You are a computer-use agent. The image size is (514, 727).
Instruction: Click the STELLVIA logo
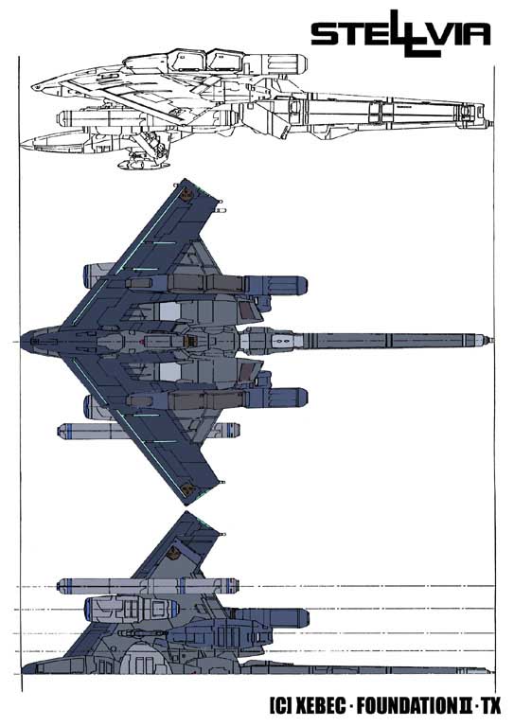(400, 33)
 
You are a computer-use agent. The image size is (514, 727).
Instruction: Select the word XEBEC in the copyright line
(320, 706)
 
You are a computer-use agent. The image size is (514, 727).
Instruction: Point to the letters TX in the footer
(491, 706)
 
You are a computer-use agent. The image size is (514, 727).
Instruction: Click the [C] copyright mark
(280, 706)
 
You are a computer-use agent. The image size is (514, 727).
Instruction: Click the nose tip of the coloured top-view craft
(22, 342)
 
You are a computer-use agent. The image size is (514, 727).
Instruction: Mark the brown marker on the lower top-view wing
(187, 488)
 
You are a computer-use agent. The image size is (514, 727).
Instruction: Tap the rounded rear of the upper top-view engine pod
(300, 284)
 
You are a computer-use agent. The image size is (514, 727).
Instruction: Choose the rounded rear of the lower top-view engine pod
(300, 399)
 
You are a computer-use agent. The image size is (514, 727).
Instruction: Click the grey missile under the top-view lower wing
(149, 432)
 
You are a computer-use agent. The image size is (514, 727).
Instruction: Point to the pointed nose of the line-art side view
(34, 87)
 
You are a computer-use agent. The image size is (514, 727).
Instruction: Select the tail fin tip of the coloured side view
(186, 512)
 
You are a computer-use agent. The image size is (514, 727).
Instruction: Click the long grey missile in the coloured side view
(149, 585)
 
